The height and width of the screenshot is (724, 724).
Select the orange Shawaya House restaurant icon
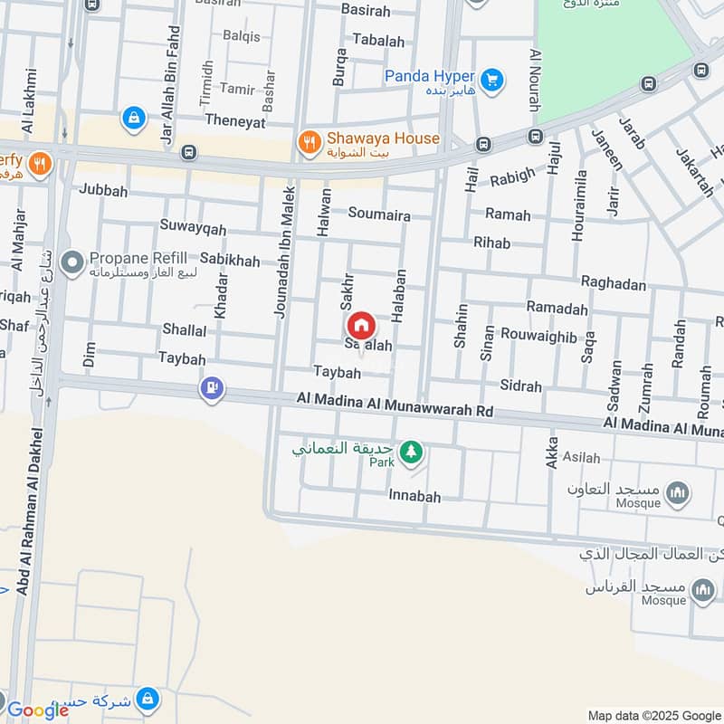[x=310, y=141]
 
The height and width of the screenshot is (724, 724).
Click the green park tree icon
[x=411, y=450]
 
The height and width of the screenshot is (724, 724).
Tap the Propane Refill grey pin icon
[x=72, y=264]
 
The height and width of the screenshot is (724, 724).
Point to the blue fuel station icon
[x=212, y=388]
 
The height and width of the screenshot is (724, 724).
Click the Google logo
[x=38, y=710]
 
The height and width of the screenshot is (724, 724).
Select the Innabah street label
[x=414, y=496]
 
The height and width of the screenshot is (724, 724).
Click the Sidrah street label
[x=520, y=386]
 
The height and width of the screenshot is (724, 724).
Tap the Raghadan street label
[x=614, y=284]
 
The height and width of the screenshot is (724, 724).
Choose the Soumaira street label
[x=379, y=215]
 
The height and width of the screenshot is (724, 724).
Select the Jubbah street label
[x=103, y=191]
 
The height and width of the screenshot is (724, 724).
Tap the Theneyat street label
[x=235, y=119]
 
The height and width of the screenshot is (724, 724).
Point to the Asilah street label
[x=582, y=458]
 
